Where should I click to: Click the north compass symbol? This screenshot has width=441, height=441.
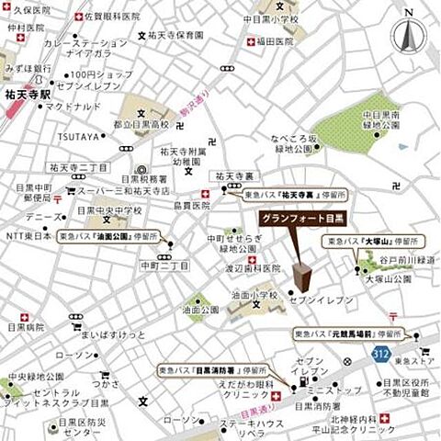[409, 36]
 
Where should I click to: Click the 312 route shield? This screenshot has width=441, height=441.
[381, 354]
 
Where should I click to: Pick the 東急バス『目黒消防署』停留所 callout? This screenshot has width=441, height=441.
[203, 373]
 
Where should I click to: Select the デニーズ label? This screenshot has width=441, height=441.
[43, 217]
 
